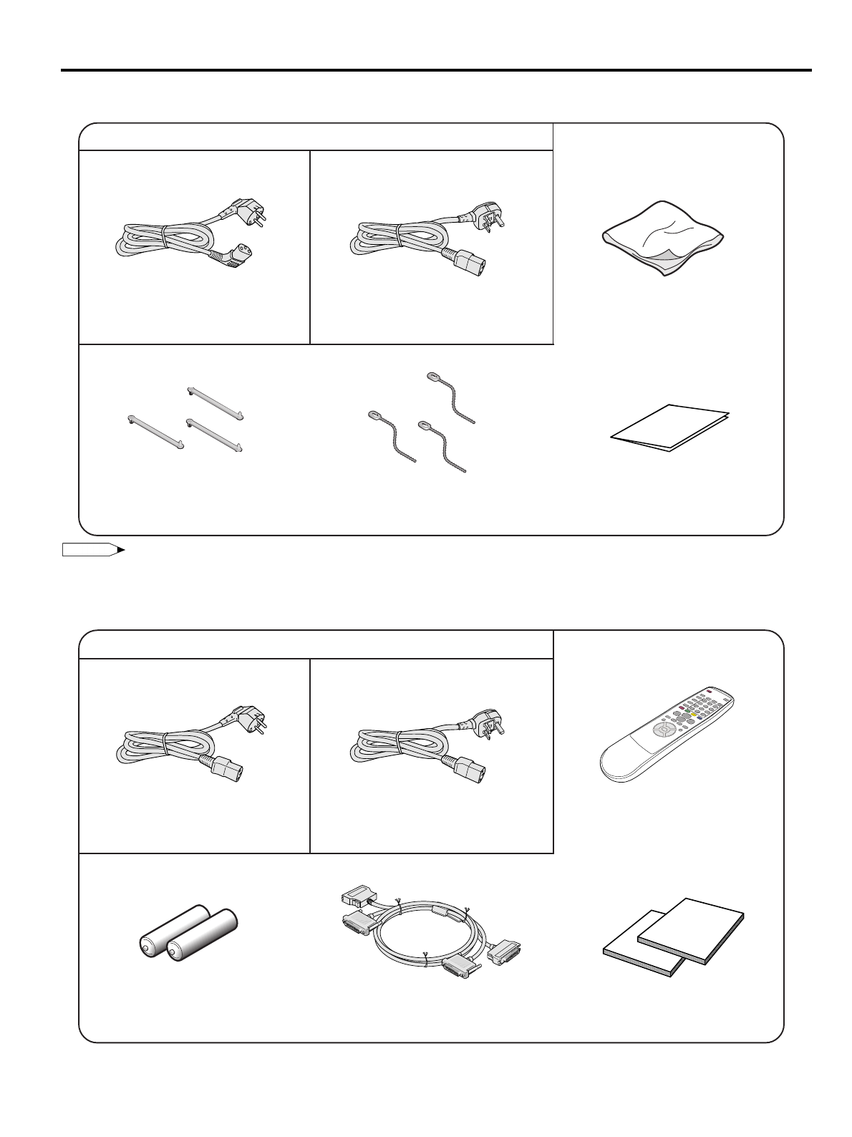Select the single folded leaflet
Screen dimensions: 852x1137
(x=670, y=427)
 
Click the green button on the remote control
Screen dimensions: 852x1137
(x=688, y=710)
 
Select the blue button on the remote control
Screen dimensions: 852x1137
(x=700, y=719)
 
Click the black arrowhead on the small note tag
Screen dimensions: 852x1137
(x=121, y=550)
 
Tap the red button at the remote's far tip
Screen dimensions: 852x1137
(x=709, y=691)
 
